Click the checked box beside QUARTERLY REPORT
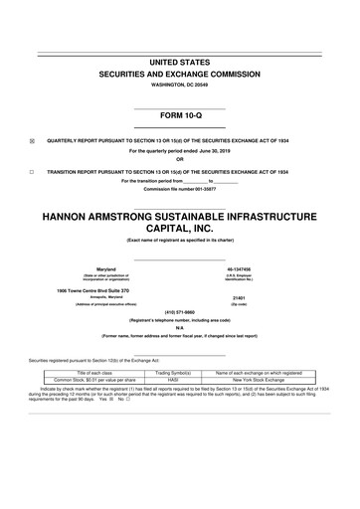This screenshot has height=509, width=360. [32, 140]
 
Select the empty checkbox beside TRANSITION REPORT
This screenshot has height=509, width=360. [32, 171]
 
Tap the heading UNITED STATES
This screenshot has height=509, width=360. [179, 63]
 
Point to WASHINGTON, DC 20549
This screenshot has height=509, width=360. [179, 85]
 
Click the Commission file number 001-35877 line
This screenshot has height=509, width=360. [179, 188]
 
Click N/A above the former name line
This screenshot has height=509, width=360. [179, 329]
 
